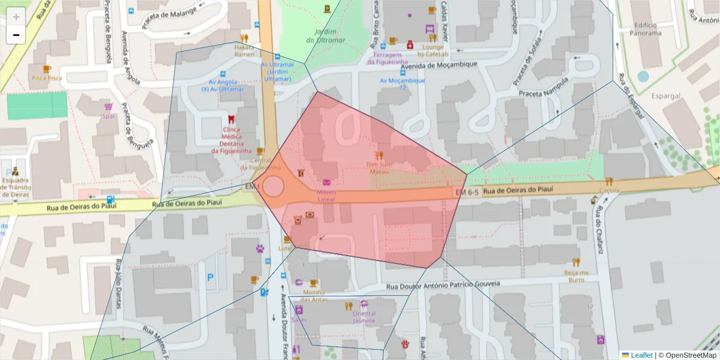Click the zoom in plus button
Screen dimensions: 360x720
[x=16, y=17]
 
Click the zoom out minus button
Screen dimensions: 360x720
[x=16, y=35]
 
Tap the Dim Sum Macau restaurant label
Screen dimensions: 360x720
[x=379, y=167]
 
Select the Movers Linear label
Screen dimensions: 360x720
[x=326, y=195]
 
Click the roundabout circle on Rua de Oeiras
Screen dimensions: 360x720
[x=273, y=186]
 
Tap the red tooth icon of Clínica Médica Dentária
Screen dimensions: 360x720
[x=232, y=118]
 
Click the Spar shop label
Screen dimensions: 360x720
[x=109, y=116]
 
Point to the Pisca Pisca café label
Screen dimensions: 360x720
[x=47, y=78]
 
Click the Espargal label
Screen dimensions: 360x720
[x=666, y=95]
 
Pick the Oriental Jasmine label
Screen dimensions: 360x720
[x=364, y=317]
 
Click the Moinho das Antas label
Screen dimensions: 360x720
[x=314, y=296]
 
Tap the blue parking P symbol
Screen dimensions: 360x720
[x=210, y=278]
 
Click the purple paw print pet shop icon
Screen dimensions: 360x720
[x=260, y=248]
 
